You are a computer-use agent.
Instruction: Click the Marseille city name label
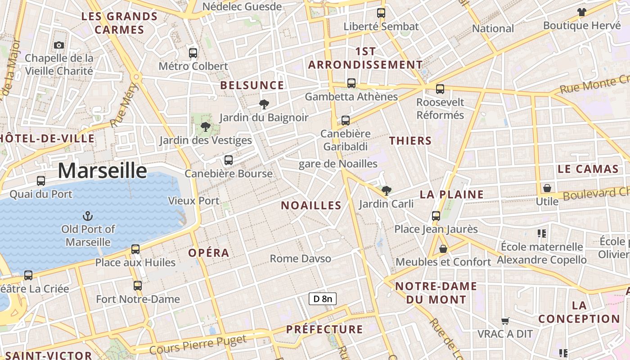103,171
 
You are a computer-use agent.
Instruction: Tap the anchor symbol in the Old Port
88,216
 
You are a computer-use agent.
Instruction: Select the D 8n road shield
323,299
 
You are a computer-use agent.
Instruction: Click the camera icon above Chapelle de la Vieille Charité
59,45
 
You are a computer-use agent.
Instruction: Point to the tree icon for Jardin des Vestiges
206,127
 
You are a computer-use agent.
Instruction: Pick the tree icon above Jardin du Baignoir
264,105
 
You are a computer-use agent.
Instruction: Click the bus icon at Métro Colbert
193,53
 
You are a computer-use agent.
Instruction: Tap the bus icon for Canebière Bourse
229,160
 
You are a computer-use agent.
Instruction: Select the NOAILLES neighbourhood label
311,206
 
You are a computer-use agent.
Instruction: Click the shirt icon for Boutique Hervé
582,12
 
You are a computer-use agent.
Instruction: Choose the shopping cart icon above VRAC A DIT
505,321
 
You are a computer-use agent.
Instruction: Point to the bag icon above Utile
547,188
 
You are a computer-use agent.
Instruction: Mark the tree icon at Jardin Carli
386,191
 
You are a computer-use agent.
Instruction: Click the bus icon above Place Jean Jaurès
436,216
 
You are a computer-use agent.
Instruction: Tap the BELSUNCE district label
252,85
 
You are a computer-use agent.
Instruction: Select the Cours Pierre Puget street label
198,344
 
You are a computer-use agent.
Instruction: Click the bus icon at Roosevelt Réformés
440,89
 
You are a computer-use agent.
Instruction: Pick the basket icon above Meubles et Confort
443,248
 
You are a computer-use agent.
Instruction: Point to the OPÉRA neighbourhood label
209,253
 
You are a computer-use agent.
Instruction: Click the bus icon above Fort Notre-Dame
138,286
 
